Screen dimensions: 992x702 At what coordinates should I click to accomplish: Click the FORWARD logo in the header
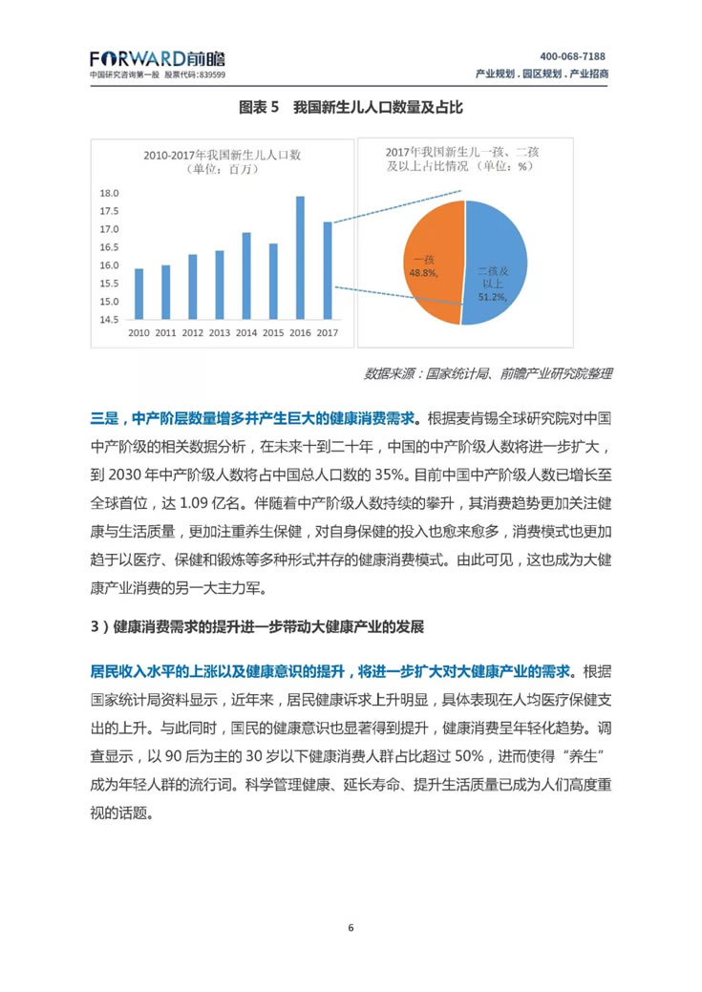(158, 57)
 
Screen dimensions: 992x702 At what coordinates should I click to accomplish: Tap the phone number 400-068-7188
(572, 56)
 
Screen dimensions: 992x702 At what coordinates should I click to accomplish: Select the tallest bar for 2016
(300, 257)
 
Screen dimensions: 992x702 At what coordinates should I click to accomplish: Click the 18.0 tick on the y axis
(109, 194)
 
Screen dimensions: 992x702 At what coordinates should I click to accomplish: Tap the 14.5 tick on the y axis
(109, 319)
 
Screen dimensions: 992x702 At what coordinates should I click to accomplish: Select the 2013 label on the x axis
(219, 333)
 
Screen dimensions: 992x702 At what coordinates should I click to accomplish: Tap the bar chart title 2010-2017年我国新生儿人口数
(223, 154)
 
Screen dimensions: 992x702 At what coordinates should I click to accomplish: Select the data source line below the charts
(488, 373)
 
